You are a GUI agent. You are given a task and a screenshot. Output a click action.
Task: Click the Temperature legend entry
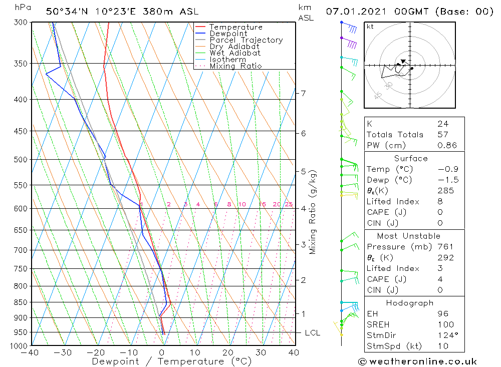235,27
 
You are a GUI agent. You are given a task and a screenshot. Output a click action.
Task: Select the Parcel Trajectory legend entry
246,40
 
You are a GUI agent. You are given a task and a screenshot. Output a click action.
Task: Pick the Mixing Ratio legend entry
235,66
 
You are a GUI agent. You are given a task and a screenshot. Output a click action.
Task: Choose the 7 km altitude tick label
303,93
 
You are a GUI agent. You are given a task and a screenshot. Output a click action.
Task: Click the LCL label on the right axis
312,333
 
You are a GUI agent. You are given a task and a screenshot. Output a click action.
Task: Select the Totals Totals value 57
442,135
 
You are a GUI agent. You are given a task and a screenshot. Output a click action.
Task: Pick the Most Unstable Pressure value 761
445,247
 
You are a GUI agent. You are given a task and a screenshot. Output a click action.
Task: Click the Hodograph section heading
410,303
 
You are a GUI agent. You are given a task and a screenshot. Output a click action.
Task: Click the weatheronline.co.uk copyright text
417,361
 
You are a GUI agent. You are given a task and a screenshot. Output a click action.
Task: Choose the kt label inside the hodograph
370,27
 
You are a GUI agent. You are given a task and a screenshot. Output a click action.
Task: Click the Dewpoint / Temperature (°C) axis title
171,361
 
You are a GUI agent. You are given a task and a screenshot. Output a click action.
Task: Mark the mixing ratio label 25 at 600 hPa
289,204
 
